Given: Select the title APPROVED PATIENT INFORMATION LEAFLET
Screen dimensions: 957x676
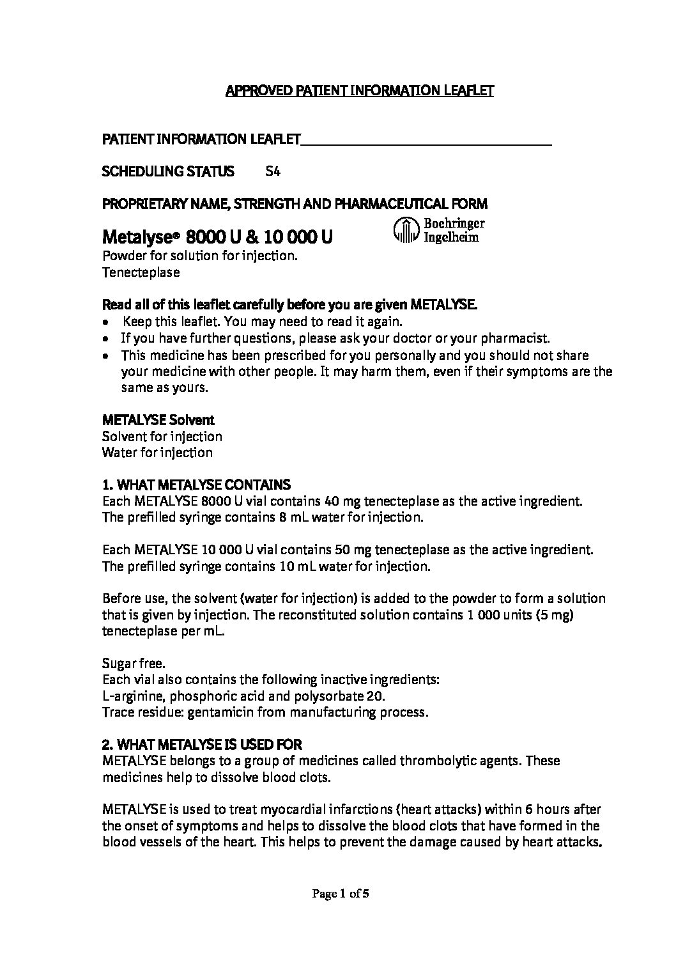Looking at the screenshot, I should click(360, 91).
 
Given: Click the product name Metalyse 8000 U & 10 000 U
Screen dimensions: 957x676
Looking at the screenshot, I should click(217, 238).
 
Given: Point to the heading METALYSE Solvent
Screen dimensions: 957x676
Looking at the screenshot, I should click(158, 420).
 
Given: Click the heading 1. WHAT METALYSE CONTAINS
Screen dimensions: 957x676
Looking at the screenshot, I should click(196, 485).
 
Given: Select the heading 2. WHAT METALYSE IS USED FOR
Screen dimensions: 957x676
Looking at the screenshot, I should click(202, 745).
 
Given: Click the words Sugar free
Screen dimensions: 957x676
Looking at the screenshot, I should click(134, 664).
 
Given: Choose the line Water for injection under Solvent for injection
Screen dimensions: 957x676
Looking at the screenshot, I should click(157, 453).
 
